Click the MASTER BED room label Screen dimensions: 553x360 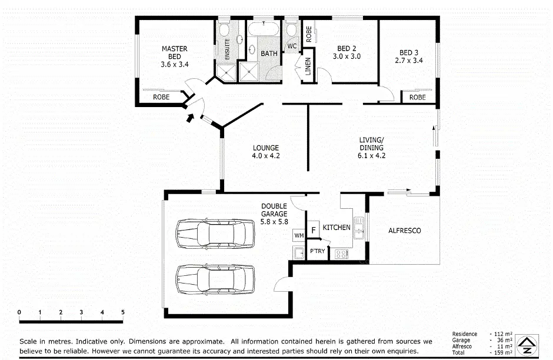point(174,56)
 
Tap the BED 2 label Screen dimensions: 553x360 point(347,52)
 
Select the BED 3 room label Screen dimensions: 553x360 point(408,56)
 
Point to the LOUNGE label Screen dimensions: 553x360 point(266,152)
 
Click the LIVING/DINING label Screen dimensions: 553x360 point(371,148)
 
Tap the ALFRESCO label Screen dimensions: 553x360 point(404,231)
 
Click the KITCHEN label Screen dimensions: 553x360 point(337,227)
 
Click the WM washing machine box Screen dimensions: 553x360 point(298,235)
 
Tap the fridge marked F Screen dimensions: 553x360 point(314,229)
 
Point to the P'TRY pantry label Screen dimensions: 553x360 point(317,252)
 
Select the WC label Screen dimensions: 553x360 point(292,46)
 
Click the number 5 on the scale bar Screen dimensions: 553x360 point(123,312)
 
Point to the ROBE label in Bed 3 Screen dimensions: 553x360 point(417,97)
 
